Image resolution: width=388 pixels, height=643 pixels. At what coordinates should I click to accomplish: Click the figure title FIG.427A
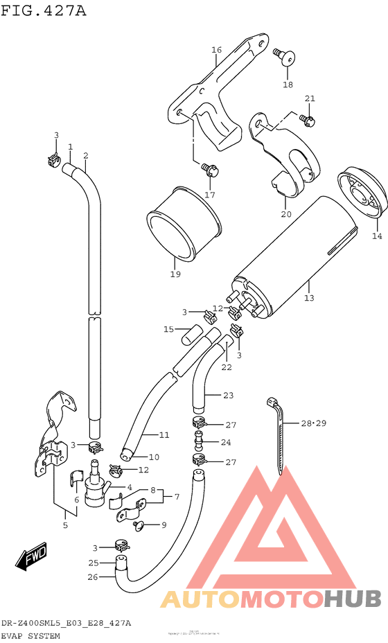click(44, 10)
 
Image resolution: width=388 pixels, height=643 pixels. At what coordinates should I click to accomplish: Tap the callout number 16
click(216, 50)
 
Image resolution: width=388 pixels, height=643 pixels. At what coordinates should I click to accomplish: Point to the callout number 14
click(376, 236)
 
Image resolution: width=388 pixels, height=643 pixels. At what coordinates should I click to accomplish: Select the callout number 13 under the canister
click(308, 298)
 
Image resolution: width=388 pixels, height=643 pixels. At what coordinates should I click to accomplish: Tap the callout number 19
click(175, 274)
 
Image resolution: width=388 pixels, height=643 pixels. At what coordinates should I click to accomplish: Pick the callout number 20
click(286, 214)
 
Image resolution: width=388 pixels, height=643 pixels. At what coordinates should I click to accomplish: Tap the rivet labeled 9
click(137, 526)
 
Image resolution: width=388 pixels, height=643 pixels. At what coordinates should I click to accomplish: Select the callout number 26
click(94, 576)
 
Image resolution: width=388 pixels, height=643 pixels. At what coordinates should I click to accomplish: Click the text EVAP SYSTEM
click(30, 635)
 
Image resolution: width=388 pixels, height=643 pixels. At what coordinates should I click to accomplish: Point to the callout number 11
click(164, 435)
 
